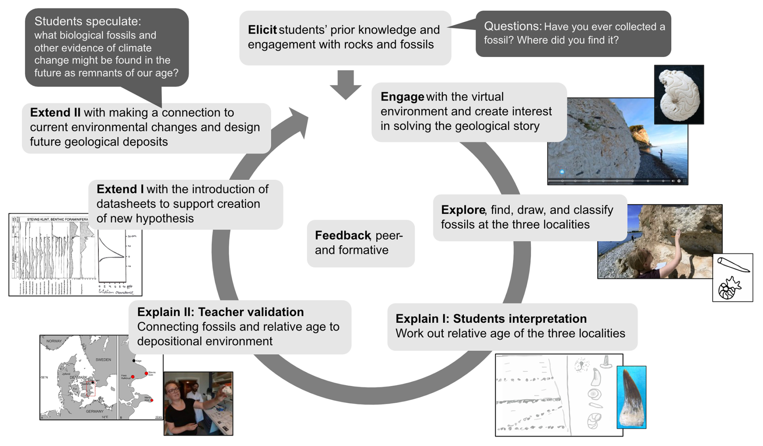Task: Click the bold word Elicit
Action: coord(262,30)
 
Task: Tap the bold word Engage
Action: coord(402,97)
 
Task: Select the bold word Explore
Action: coord(463,210)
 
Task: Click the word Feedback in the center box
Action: coord(342,235)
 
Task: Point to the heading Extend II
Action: coord(55,112)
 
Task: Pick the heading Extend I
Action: coord(120,189)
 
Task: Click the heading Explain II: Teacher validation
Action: coord(220,312)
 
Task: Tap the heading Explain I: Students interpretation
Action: coord(491,319)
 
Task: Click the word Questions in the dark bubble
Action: coord(512,27)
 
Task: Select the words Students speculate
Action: coord(88,21)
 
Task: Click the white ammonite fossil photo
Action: coord(679,94)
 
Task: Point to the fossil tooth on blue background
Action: coord(631,397)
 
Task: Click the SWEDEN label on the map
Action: coord(103,359)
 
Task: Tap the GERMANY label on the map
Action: coord(94,411)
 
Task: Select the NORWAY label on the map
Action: coord(54,341)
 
